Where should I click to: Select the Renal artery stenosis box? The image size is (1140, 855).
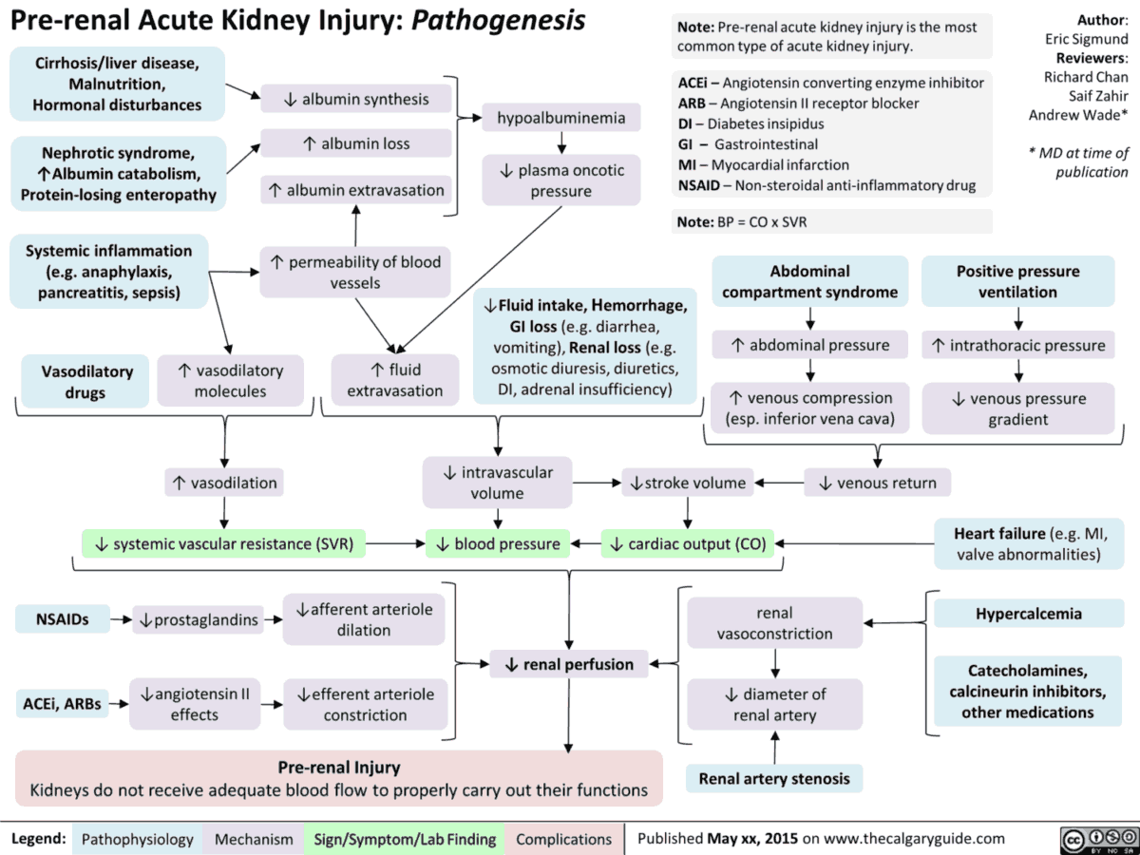(x=774, y=779)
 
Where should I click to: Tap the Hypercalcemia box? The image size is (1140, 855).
(x=1028, y=614)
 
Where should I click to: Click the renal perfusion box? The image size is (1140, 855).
(x=569, y=664)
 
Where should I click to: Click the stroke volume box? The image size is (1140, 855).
(x=688, y=484)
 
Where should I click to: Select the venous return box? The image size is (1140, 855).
(x=877, y=484)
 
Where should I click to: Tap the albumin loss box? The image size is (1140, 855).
(x=355, y=143)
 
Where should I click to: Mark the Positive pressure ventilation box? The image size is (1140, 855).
(x=1017, y=281)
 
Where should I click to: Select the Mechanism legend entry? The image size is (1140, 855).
(x=254, y=839)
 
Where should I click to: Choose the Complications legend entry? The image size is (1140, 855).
(x=563, y=839)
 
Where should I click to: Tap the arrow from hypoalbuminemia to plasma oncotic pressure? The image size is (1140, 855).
(x=561, y=143)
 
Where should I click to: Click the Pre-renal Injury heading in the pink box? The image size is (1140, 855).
(x=338, y=767)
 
